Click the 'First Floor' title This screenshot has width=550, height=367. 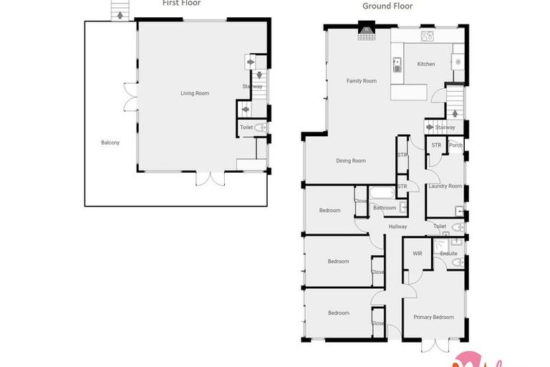(x=180, y=3)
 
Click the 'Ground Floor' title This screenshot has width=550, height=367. (x=387, y=6)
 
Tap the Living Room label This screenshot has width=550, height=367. (x=194, y=93)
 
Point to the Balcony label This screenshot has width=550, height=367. (x=110, y=143)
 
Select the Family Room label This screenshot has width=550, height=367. (x=362, y=81)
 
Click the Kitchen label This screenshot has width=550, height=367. (x=426, y=65)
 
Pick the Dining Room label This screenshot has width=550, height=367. (x=351, y=161)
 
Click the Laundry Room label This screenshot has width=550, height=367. (x=445, y=186)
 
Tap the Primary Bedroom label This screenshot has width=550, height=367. (x=433, y=317)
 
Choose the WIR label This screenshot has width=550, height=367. (x=417, y=253)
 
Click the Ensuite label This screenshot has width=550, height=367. (x=449, y=254)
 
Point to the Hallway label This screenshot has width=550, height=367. (x=397, y=227)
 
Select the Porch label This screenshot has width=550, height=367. (x=455, y=146)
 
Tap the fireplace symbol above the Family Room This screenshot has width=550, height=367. (x=367, y=30)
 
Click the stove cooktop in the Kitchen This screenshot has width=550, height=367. (x=428, y=35)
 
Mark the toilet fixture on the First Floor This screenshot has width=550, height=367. (x=261, y=128)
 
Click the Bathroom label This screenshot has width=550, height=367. (x=385, y=208)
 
